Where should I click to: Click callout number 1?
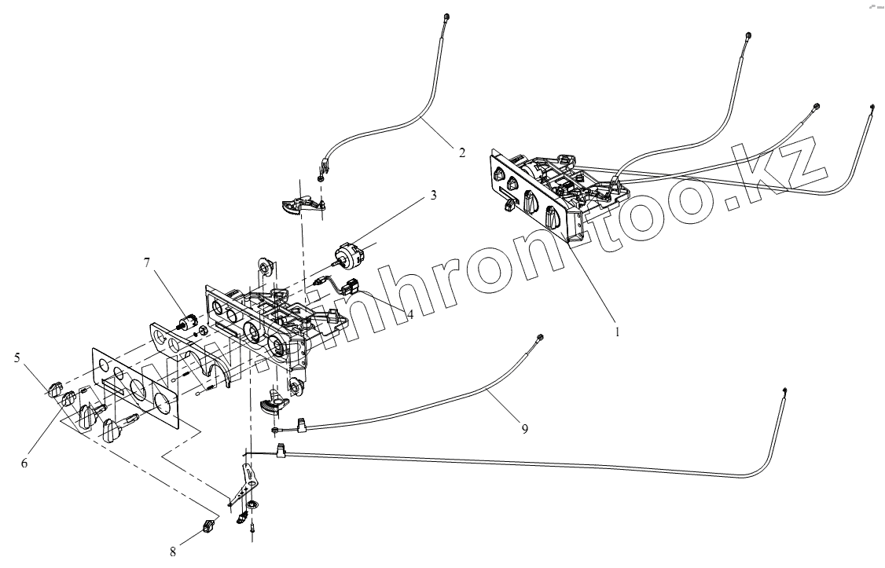[618, 332]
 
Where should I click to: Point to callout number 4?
[409, 313]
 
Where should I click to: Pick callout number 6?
[24, 464]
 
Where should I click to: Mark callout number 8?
[172, 551]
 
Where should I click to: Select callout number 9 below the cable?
[523, 429]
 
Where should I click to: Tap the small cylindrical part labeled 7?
[188, 321]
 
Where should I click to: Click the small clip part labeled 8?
[209, 527]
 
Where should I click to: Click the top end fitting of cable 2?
[446, 17]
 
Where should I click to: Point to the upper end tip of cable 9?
[539, 337]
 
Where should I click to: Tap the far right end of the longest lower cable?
[786, 391]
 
